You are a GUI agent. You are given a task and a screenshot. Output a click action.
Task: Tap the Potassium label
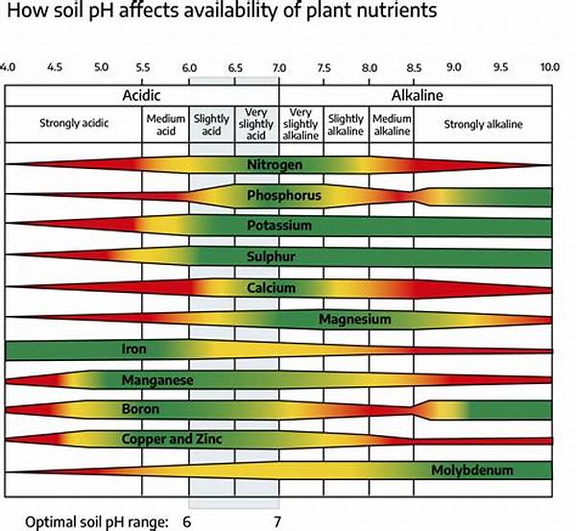tap(278, 226)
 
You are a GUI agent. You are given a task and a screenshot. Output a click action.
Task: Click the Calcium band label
tap(271, 287)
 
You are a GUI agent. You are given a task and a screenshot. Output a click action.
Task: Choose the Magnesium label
tap(355, 318)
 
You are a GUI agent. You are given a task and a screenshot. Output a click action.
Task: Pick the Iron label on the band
tap(134, 350)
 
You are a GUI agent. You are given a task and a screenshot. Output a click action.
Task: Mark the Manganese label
tap(158, 380)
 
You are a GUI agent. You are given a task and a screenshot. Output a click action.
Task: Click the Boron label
tap(139, 409)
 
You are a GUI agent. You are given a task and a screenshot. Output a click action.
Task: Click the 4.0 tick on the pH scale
tap(8, 68)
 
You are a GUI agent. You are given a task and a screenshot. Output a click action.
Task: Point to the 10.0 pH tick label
tap(549, 68)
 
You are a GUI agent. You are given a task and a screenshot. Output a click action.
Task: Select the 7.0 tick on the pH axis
tap(278, 68)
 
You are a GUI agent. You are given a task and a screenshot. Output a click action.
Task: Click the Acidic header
tap(141, 96)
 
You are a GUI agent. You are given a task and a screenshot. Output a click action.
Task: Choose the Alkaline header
tap(415, 96)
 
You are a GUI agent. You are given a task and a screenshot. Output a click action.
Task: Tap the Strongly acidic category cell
tap(73, 123)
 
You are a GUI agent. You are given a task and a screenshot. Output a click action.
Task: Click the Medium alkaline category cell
tap(392, 125)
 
